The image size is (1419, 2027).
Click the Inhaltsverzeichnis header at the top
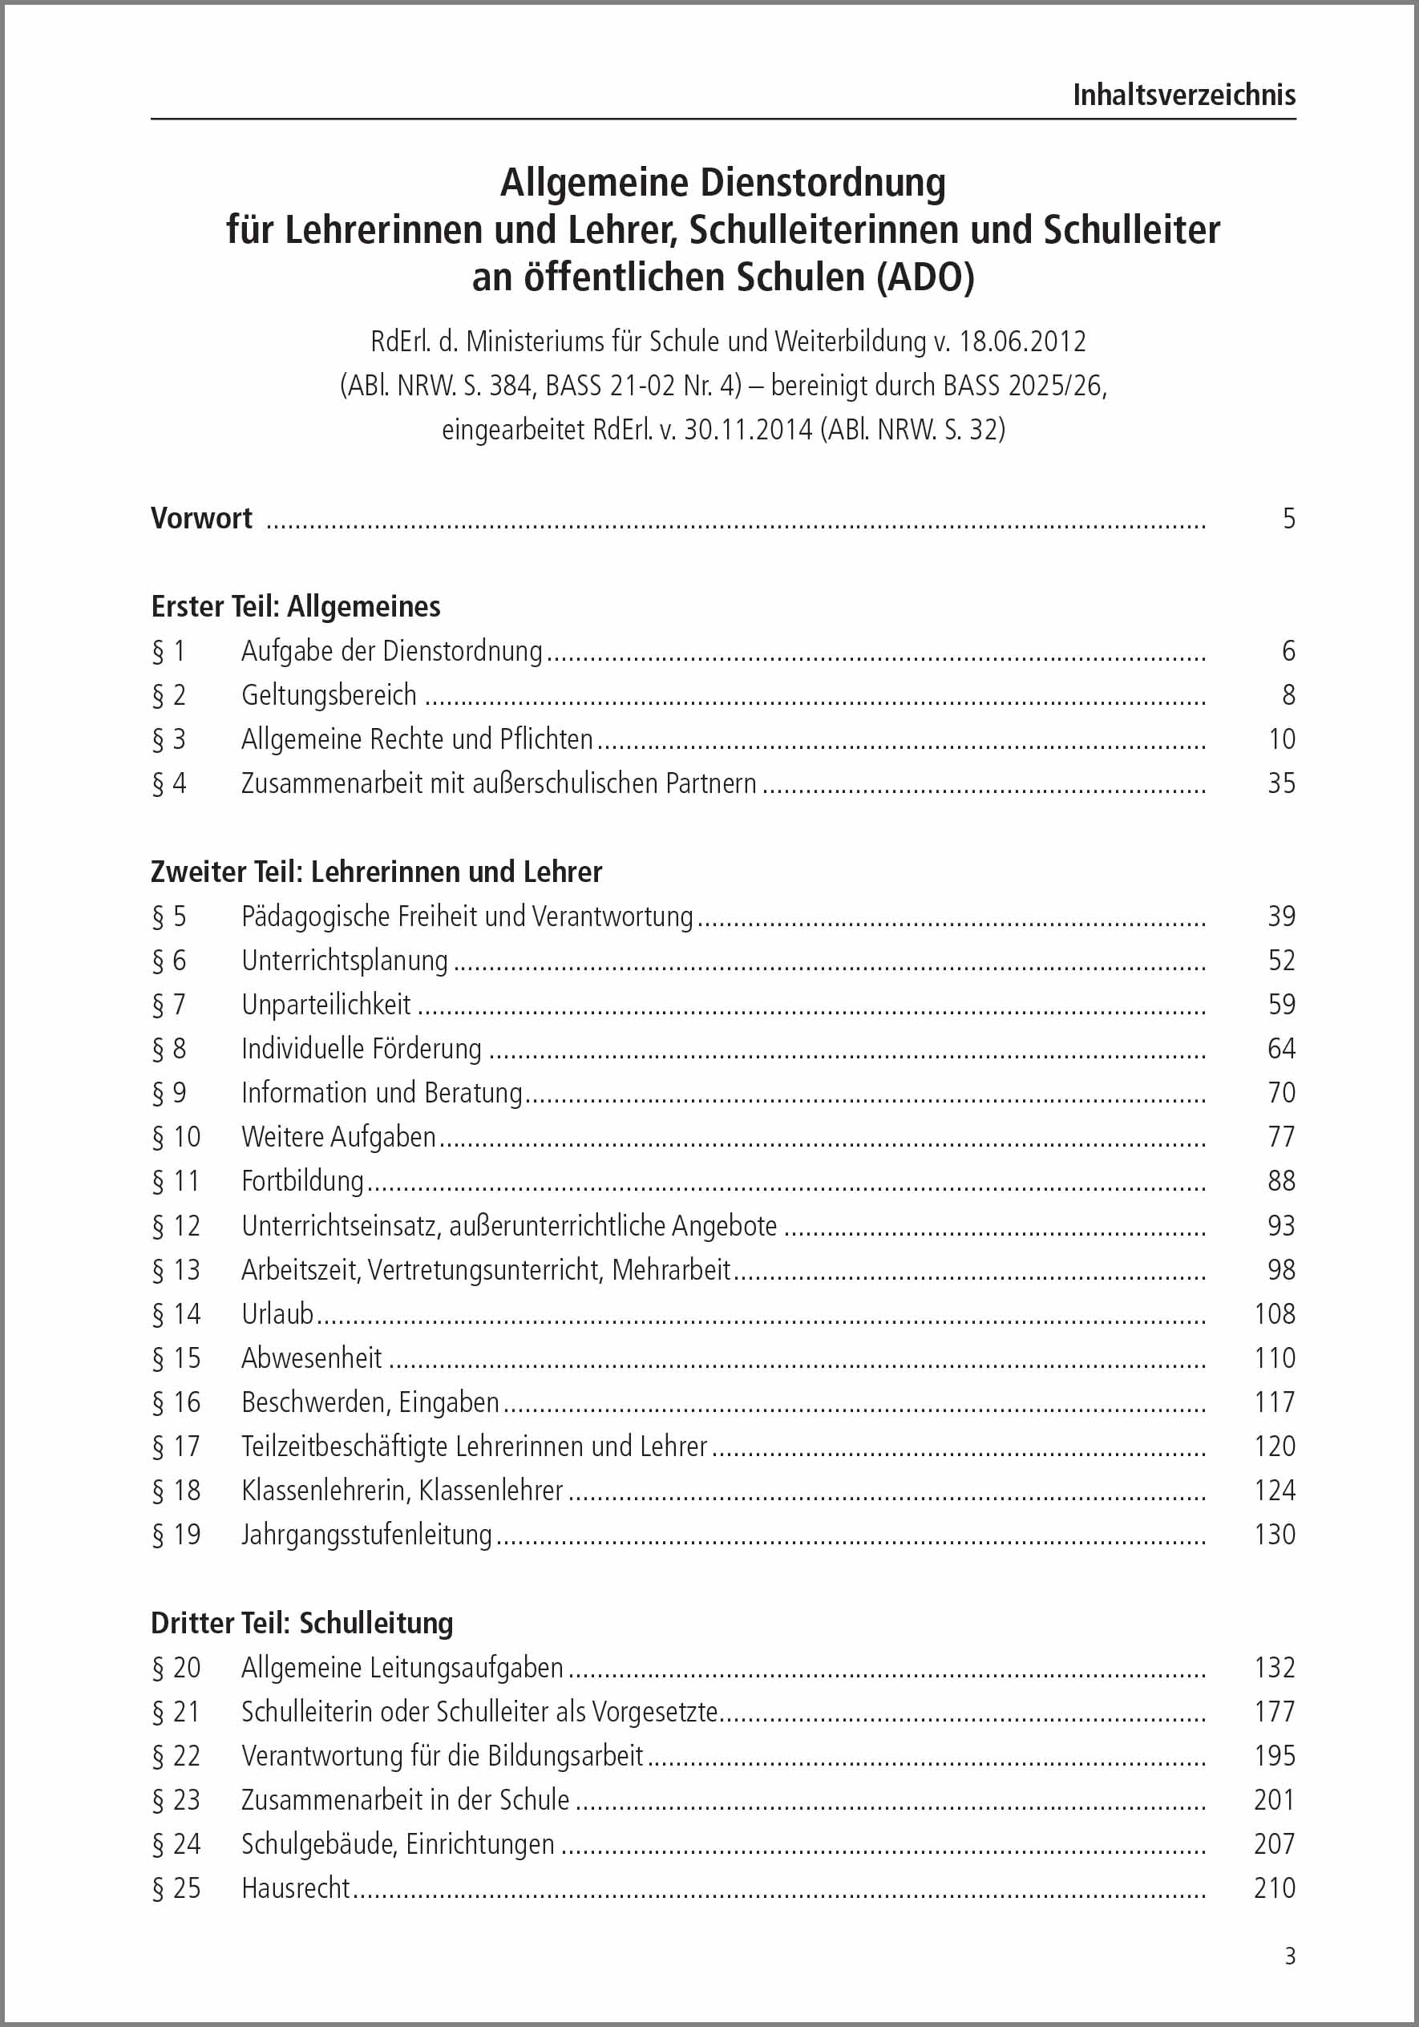[x=1183, y=95]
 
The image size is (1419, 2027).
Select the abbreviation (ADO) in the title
[x=926, y=277]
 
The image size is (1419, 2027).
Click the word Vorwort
[x=201, y=518]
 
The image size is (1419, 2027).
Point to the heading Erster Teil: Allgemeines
[x=296, y=606]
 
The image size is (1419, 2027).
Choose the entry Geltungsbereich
[x=328, y=695]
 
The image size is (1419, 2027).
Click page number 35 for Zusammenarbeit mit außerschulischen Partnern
[x=1280, y=783]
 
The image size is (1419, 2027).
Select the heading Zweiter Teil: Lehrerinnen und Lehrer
[x=376, y=872]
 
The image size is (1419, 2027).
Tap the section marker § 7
[x=168, y=1005]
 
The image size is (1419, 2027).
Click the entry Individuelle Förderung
[x=361, y=1049]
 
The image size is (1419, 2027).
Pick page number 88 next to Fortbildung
[x=1280, y=1181]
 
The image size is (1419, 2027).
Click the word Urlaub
[x=277, y=1313]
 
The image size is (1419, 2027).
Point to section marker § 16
[x=176, y=1402]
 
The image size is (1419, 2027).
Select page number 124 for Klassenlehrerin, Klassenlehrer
[x=1274, y=1491]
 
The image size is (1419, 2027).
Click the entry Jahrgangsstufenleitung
[x=366, y=1535]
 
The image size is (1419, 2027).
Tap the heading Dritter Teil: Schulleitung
[x=301, y=1623]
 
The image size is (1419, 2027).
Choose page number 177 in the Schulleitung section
[x=1274, y=1711]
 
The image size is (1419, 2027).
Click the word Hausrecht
[x=296, y=1887]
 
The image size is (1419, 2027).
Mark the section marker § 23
[x=176, y=1799]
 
